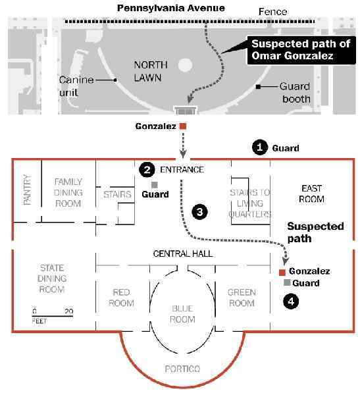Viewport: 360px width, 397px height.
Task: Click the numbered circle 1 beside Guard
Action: tap(260, 147)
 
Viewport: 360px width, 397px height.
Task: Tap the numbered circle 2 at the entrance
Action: tap(147, 170)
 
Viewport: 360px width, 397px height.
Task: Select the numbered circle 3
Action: tap(200, 211)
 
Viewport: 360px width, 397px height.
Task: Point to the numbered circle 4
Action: tap(291, 302)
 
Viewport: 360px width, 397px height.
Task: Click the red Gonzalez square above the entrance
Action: tap(183, 126)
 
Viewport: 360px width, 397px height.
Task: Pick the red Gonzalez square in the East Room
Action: tap(282, 273)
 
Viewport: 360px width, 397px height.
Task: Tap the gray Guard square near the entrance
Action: tap(155, 185)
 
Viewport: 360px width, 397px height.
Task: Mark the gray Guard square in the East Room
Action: tap(287, 282)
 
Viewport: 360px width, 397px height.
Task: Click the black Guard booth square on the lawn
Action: tap(258, 87)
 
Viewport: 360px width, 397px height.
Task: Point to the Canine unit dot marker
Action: tap(115, 80)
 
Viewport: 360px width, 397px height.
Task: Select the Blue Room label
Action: tap(182, 314)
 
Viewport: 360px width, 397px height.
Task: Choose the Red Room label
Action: tap(121, 298)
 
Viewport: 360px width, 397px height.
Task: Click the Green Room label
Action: tap(242, 298)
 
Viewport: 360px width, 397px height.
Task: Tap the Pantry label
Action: tap(27, 190)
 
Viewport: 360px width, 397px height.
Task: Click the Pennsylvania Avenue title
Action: tap(171, 8)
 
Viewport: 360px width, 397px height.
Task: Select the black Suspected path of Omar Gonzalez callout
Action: tap(301, 50)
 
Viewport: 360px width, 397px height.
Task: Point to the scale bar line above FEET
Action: tap(53, 316)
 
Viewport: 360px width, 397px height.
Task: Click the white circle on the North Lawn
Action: tap(185, 65)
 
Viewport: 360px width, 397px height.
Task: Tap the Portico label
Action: tap(182, 369)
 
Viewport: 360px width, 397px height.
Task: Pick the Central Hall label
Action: tap(183, 253)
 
